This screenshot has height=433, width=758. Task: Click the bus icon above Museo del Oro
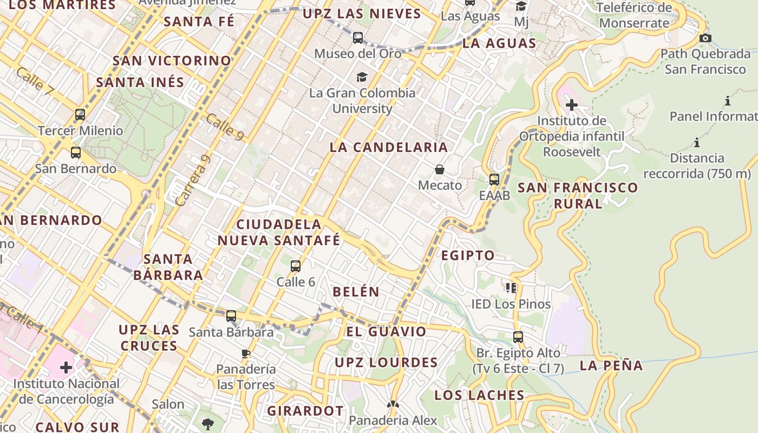[x=357, y=38]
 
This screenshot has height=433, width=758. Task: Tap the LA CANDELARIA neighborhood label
[x=389, y=147]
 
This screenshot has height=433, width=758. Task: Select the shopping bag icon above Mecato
[x=440, y=170]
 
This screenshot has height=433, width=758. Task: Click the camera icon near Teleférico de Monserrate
[x=705, y=38]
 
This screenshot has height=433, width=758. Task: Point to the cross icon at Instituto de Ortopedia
[x=571, y=105]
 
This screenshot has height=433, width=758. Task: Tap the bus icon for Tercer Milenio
[x=80, y=115]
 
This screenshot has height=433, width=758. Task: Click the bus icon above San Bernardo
[x=76, y=153]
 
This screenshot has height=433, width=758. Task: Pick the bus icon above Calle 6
[x=295, y=266]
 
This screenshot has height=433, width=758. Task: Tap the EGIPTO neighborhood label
[x=468, y=255]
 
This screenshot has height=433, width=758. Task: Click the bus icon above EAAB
[x=494, y=180]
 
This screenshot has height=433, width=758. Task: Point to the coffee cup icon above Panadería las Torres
[x=246, y=354]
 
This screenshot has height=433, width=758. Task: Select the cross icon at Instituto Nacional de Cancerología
[x=66, y=368]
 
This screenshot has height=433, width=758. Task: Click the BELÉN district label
[x=356, y=292]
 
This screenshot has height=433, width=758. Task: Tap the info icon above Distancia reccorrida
[x=697, y=143]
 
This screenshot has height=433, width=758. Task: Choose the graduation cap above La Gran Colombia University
[x=362, y=77]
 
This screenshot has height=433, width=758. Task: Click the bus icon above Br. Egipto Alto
[x=518, y=337]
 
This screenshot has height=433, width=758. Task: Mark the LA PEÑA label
[x=611, y=366]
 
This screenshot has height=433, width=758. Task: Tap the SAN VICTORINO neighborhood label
[x=172, y=61]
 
